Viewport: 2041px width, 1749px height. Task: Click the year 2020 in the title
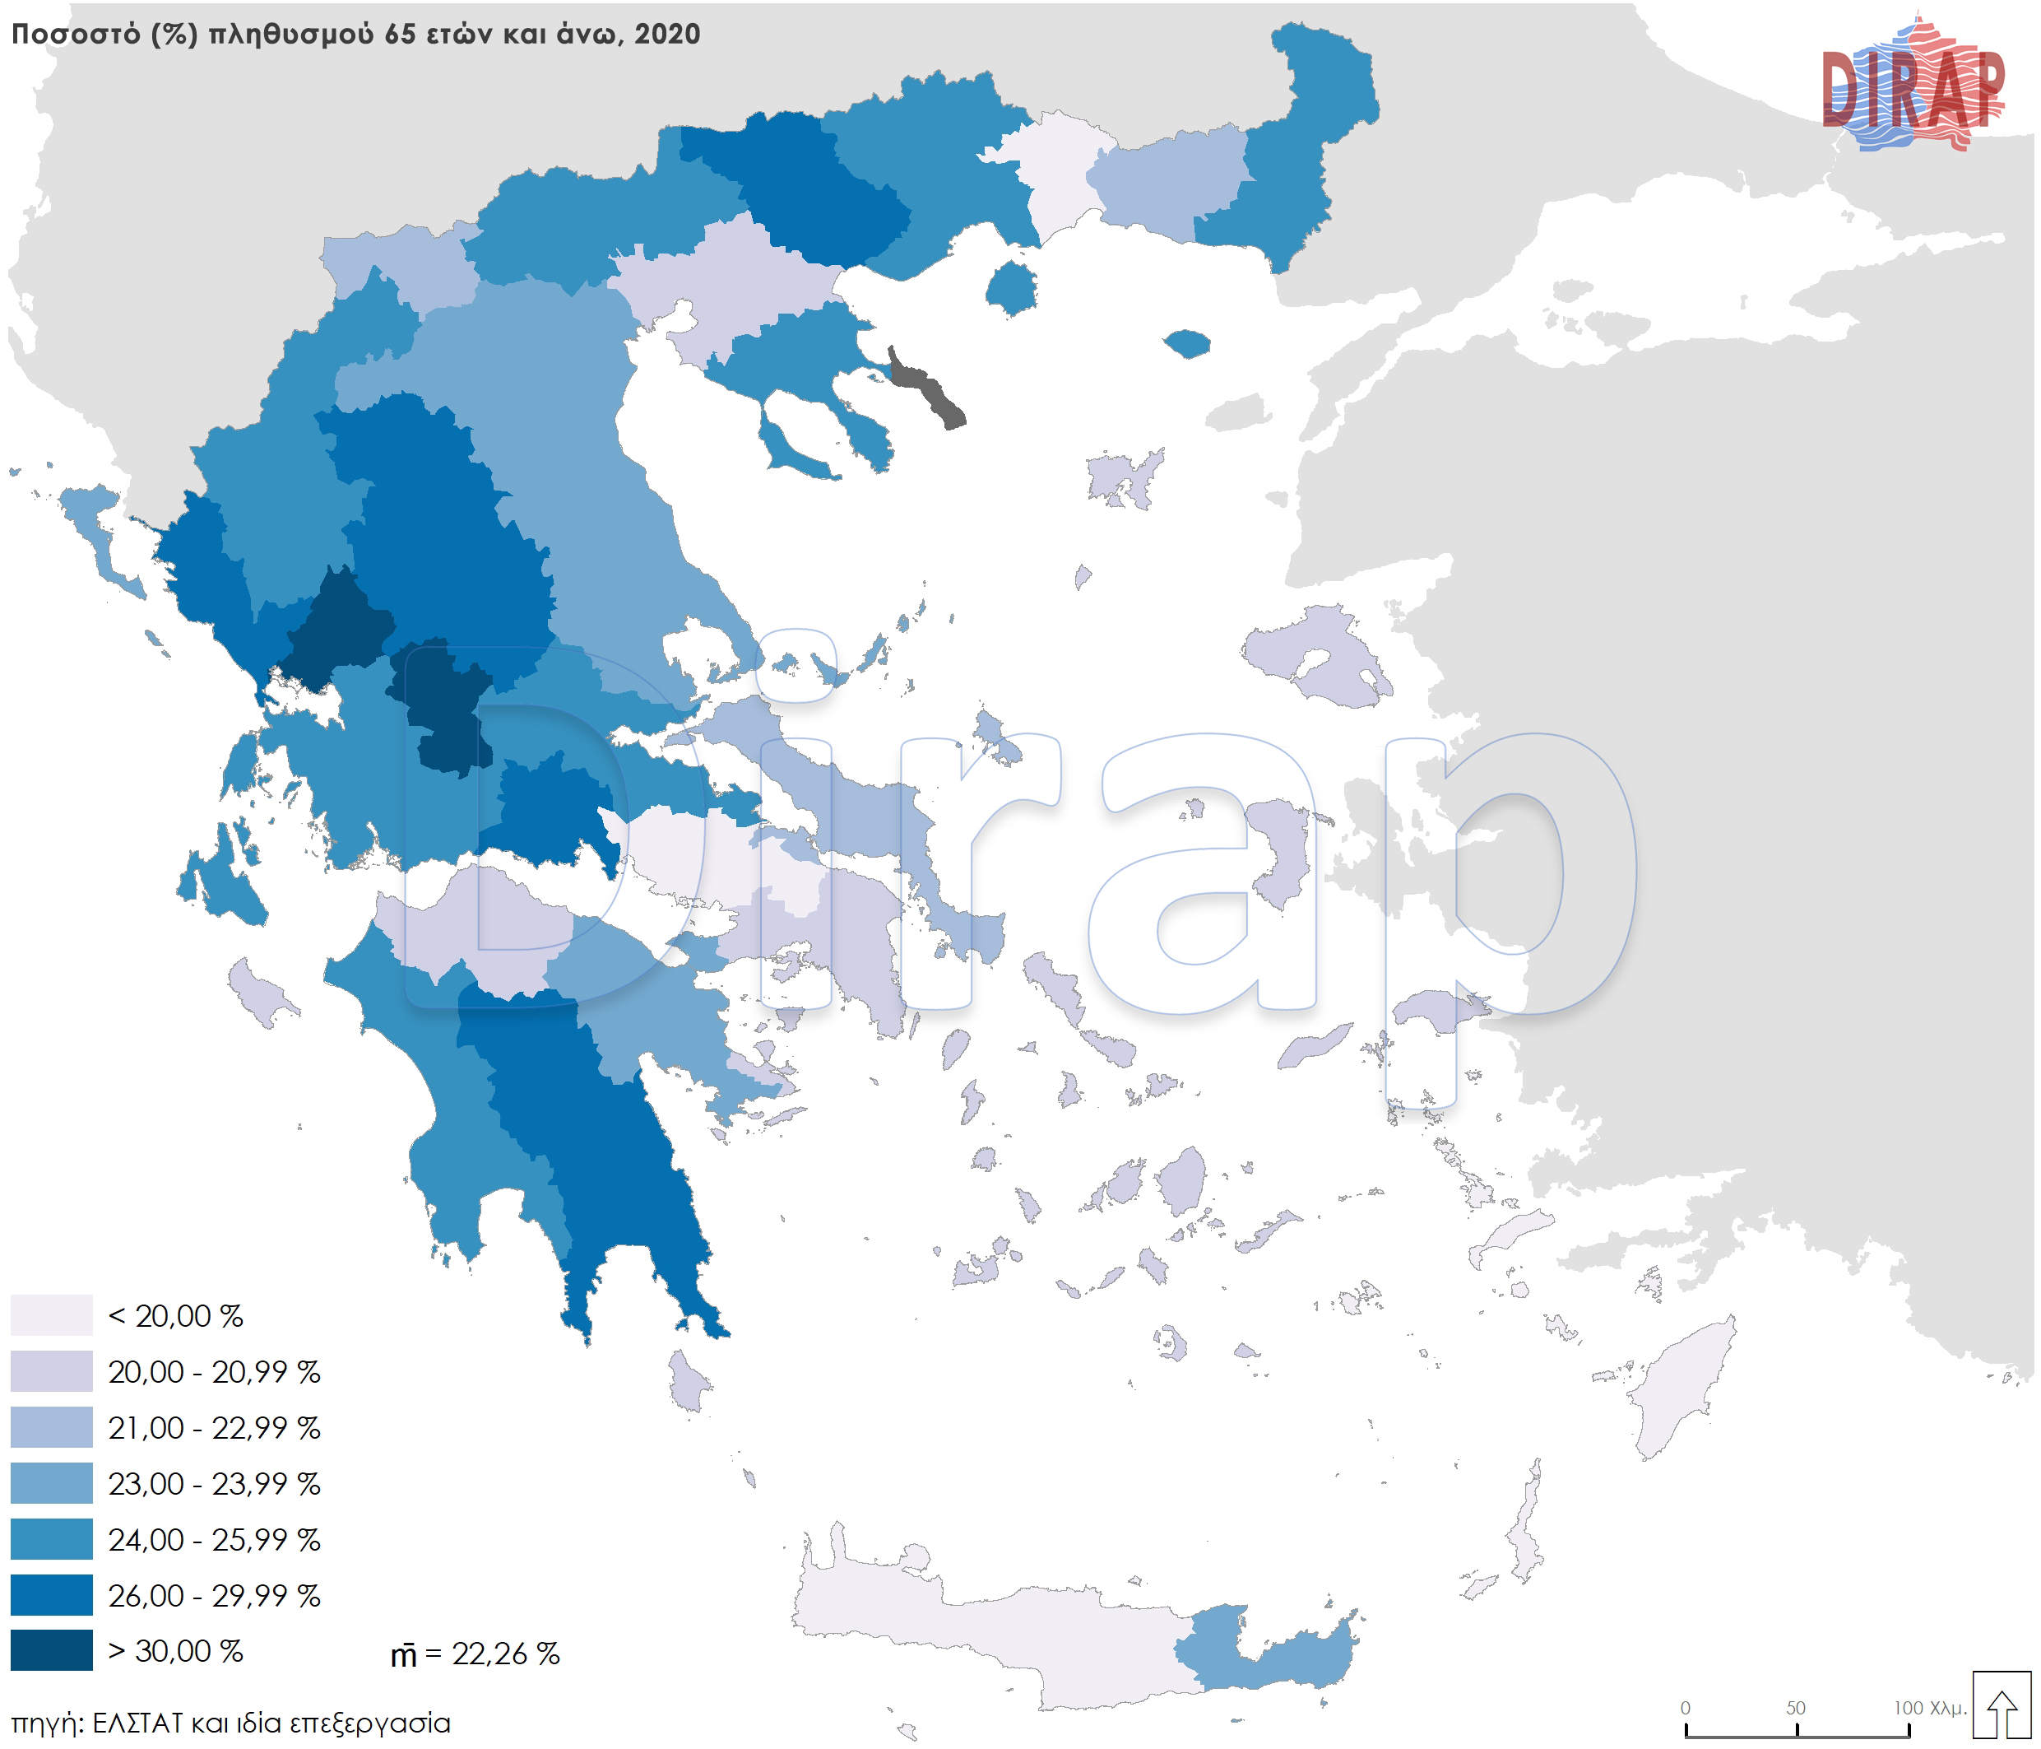point(667,35)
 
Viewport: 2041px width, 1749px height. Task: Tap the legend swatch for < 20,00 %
point(51,1314)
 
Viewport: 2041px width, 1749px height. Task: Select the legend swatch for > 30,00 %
point(51,1650)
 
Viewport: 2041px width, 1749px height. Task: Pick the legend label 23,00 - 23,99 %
point(214,1483)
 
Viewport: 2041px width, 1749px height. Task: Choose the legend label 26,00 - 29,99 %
point(214,1595)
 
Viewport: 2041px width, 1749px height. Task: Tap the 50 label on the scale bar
point(1796,1708)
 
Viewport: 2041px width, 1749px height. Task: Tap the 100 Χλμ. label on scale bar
point(1928,1708)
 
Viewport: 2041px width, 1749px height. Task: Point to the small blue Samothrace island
point(1187,344)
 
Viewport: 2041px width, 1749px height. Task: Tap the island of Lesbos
point(1320,655)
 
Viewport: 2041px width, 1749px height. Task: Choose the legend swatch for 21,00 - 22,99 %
point(51,1427)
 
